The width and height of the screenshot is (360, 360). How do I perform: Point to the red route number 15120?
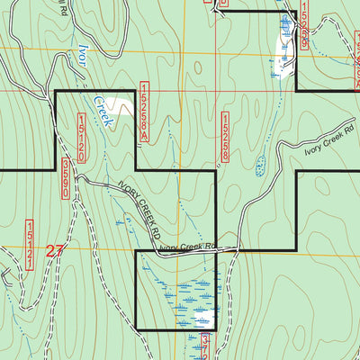[x=82, y=138]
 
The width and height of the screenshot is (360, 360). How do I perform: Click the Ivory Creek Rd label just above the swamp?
[x=189, y=247]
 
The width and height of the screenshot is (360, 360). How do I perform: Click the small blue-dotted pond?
[x=260, y=166]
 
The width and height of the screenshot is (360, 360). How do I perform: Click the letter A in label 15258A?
[x=143, y=133]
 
